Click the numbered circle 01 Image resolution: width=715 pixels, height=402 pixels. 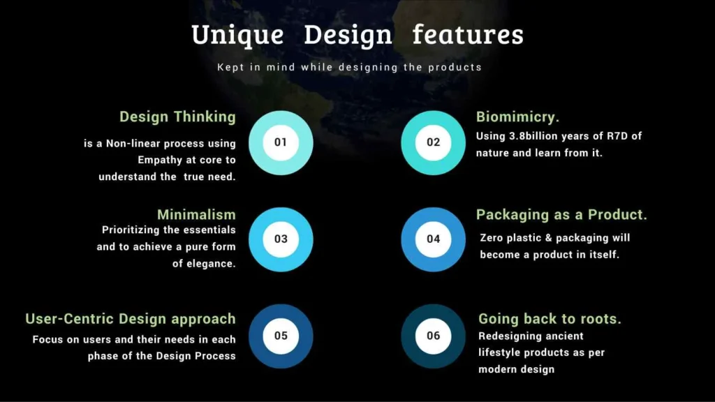coord(281,142)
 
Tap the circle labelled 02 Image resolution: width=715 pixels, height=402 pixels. coord(433,142)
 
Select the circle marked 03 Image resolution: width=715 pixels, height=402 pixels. coord(281,239)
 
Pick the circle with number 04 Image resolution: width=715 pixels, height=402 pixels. coord(433,239)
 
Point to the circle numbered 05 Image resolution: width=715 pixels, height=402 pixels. coord(281,336)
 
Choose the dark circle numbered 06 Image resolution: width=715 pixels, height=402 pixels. coord(433,336)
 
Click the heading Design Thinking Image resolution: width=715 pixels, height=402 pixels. coord(177,117)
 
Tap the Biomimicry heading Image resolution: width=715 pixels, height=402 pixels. coord(517,117)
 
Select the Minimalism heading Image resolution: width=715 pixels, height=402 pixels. coord(196,214)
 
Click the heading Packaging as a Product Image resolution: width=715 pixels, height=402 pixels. coord(561,215)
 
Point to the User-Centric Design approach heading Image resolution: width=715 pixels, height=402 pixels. coord(131,319)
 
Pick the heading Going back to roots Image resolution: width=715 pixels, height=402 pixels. coord(550,319)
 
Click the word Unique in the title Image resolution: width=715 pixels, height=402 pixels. coord(237,35)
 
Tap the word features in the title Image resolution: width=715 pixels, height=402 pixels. coord(468,35)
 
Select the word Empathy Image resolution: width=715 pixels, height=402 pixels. coord(160,161)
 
